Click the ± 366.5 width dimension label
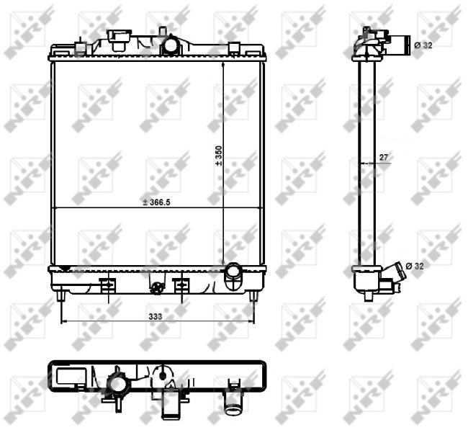click(156, 202)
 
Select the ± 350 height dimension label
click(219, 156)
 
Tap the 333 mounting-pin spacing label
click(156, 316)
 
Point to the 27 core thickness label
click(384, 157)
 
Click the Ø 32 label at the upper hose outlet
click(423, 45)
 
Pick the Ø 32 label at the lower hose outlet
click(415, 266)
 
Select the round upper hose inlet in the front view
click(171, 45)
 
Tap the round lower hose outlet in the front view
click(234, 272)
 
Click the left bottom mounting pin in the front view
click(61, 296)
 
